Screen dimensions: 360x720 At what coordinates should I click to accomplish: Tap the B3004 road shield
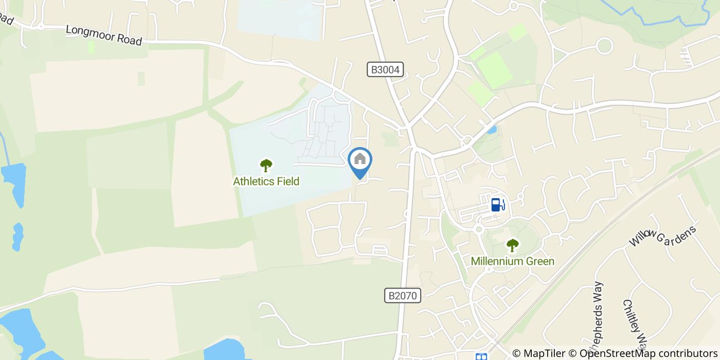[385, 69]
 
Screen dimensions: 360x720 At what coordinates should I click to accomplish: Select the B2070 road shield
[403, 295]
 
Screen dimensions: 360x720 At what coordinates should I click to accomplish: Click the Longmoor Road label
[104, 35]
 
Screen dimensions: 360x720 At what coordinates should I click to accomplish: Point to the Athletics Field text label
[266, 181]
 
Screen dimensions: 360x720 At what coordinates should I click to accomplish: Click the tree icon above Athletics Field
[266, 165]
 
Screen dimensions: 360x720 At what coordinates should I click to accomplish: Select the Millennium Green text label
[513, 261]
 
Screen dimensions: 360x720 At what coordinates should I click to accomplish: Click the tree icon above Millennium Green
[512, 245]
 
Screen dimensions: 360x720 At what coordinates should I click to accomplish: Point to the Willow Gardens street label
[663, 242]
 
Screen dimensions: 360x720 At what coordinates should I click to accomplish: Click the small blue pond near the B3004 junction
[492, 130]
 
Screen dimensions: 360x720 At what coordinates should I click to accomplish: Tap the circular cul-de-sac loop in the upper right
[605, 46]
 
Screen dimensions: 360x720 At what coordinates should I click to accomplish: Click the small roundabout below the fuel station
[478, 229]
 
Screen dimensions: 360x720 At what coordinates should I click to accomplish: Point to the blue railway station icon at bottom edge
[481, 356]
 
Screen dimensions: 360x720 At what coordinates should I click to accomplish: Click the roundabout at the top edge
[513, 6]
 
